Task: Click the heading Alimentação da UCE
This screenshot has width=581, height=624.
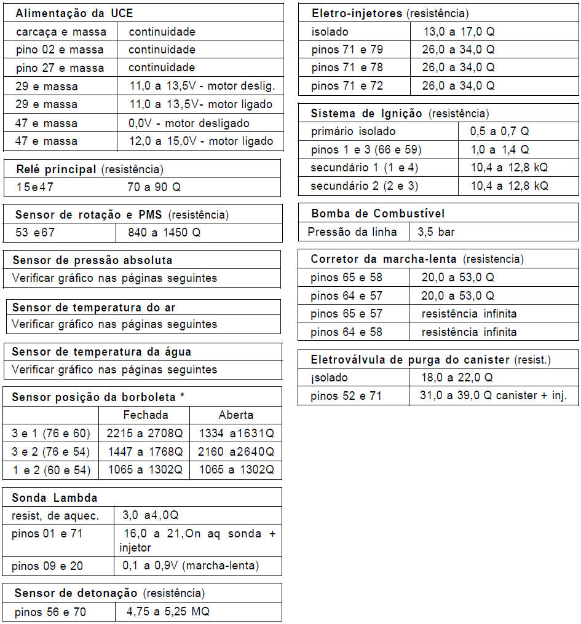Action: (74, 14)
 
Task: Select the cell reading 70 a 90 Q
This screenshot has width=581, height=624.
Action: (154, 187)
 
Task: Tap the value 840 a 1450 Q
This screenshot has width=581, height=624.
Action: (164, 233)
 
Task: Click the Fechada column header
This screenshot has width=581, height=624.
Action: (145, 415)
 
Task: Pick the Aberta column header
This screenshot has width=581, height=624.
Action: (236, 415)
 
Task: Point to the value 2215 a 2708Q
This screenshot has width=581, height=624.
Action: (144, 434)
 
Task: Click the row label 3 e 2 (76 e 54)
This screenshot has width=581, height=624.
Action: (51, 452)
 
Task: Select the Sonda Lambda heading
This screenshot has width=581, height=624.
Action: (54, 497)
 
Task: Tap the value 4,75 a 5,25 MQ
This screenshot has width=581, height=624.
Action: (168, 612)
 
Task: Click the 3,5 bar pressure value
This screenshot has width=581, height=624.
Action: (436, 232)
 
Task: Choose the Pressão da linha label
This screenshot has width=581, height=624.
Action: (348, 232)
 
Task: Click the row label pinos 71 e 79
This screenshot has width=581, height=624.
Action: (347, 50)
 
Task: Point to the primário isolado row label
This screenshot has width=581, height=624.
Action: (353, 131)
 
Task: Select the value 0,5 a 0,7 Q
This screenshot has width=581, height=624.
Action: (499, 131)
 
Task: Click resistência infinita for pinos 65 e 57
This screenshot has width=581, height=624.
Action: (468, 314)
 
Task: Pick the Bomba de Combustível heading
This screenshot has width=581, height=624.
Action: (377, 214)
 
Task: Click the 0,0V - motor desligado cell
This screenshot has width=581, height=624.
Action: (189, 123)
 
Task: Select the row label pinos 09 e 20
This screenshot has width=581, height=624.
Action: (47, 566)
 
